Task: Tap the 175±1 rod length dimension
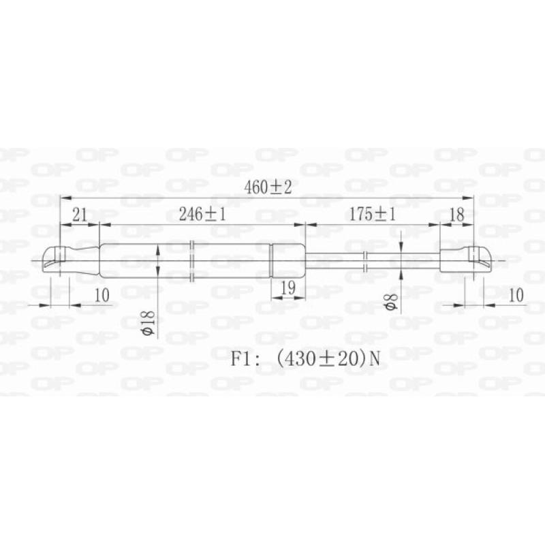pos(373,215)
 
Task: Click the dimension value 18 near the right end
pos(456,215)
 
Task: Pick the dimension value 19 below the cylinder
pos(287,289)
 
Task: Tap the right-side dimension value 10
pos(516,294)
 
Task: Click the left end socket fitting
pos(54,260)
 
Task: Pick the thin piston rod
pos(341,260)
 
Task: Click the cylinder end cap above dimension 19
pos(287,260)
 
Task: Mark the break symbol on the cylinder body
pos(193,260)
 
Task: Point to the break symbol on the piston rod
pos(367,260)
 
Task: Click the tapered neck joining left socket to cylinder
pos(83,260)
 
